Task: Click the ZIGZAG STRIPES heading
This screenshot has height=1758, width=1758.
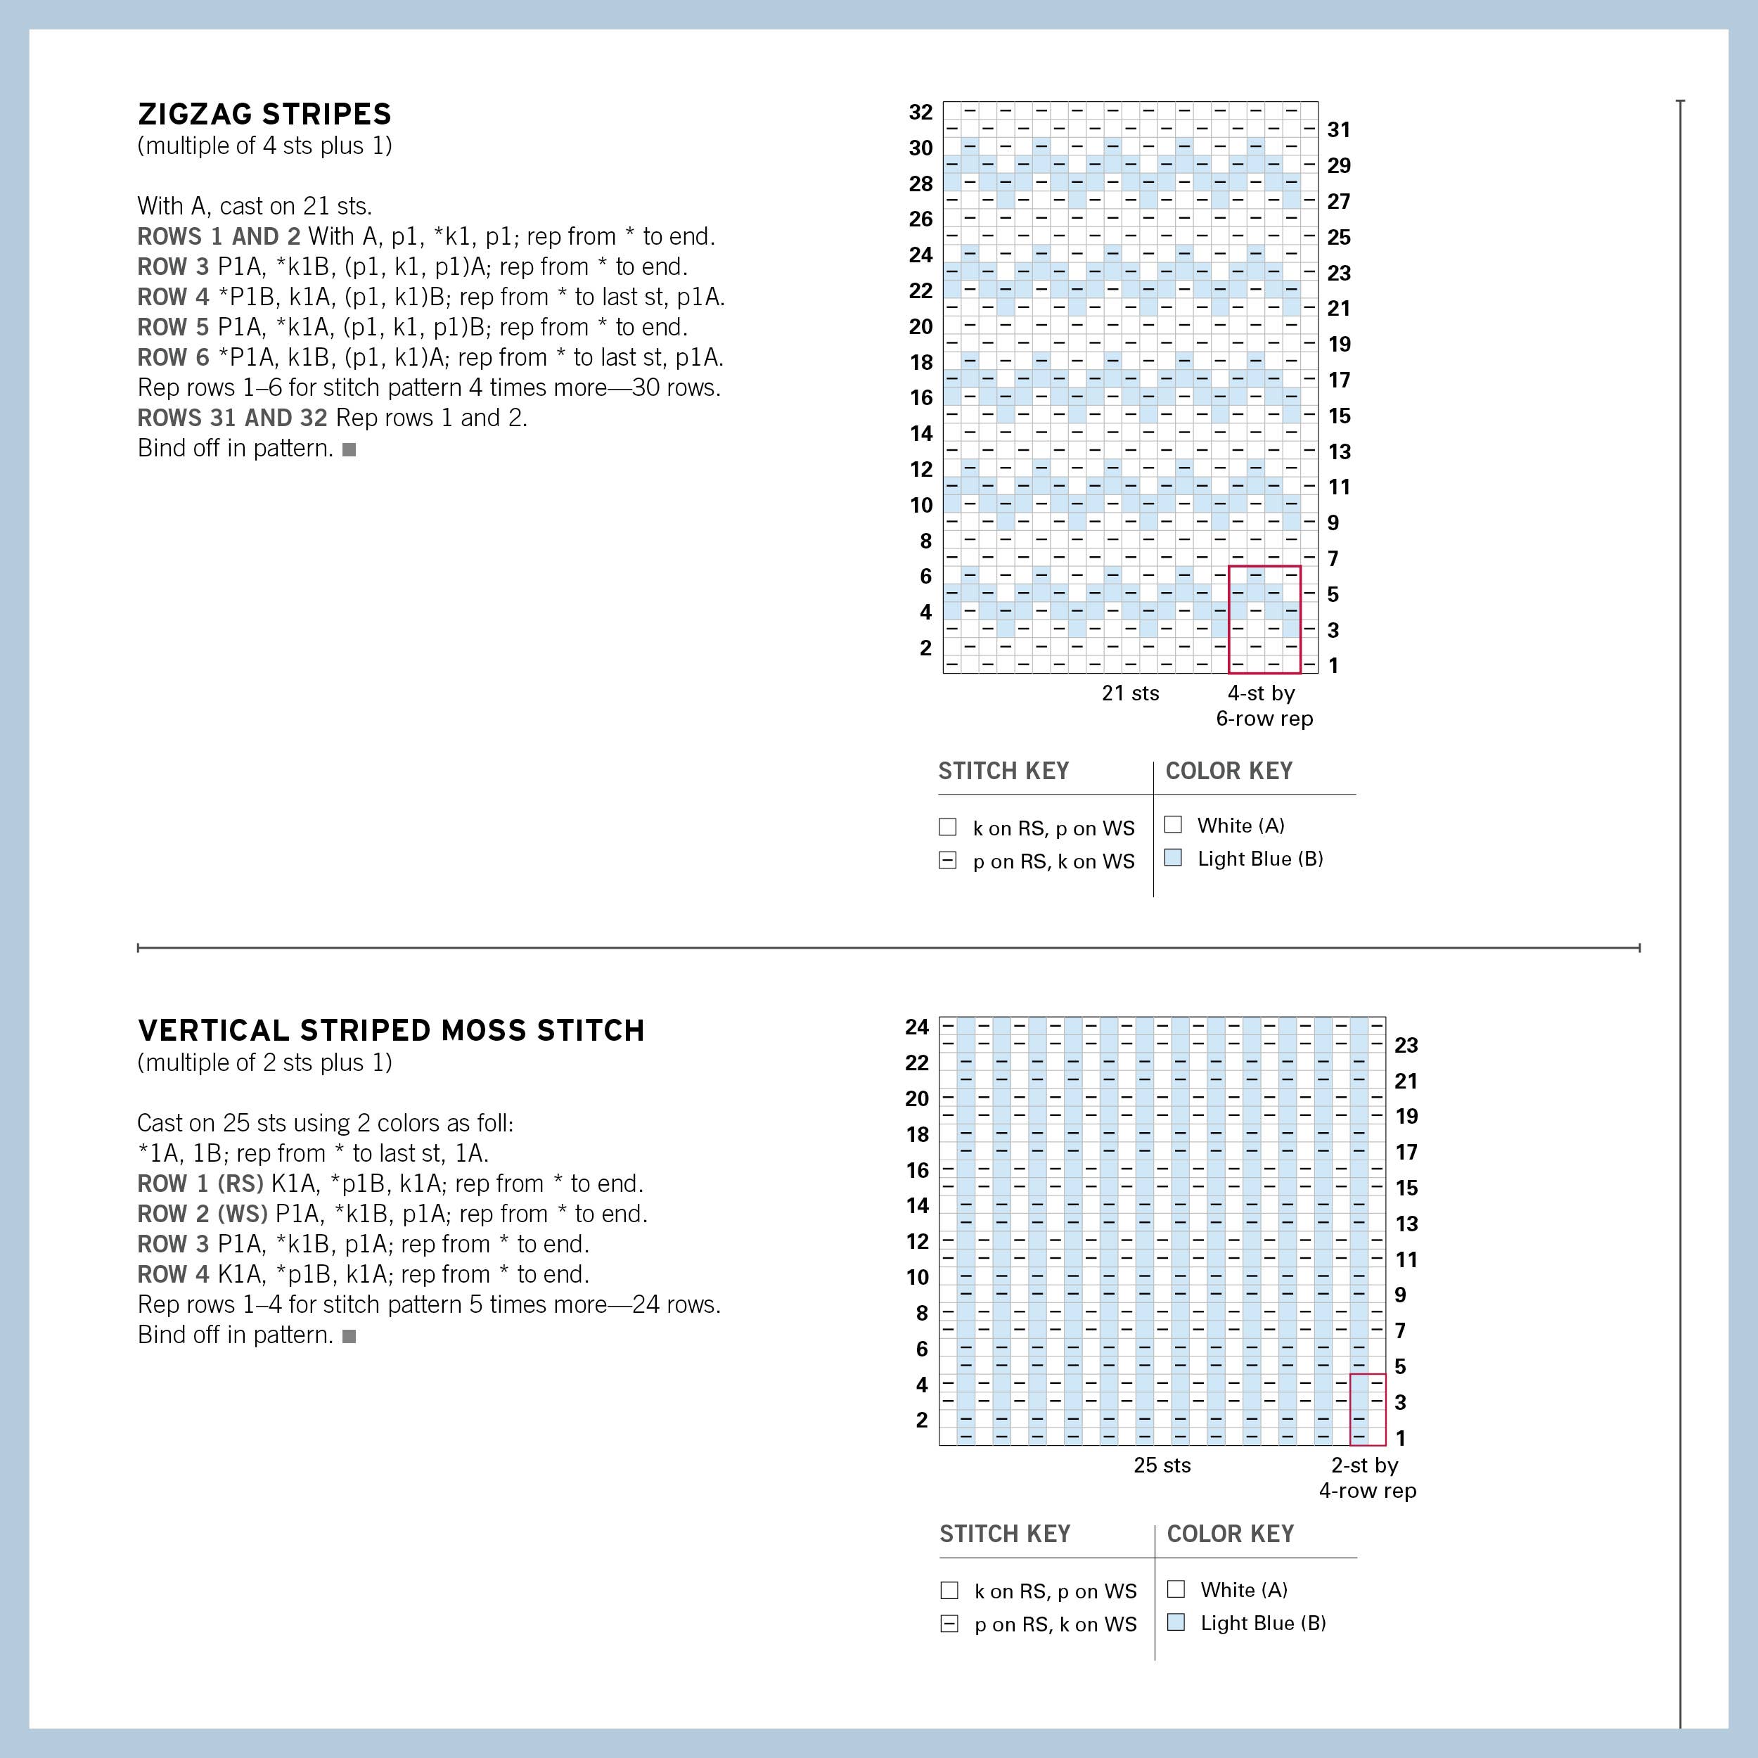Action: point(264,114)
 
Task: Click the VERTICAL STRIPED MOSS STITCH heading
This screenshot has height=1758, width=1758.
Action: point(390,1030)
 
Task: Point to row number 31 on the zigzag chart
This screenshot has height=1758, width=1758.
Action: point(1337,129)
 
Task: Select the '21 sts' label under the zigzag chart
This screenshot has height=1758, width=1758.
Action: point(1130,693)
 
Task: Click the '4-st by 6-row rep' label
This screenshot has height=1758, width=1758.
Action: point(1264,705)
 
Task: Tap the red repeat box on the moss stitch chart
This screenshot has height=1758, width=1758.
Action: point(1367,1409)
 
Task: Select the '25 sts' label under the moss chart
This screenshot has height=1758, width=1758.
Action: point(1162,1464)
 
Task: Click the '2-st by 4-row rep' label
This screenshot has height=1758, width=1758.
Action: point(1367,1477)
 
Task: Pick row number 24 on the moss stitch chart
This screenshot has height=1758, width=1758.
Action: point(916,1027)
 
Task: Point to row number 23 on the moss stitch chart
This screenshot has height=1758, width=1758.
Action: point(1406,1045)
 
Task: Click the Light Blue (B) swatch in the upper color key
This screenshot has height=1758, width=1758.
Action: point(1173,857)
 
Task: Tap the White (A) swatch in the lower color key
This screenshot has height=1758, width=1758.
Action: point(1176,1589)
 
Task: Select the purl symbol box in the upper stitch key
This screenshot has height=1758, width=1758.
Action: point(947,860)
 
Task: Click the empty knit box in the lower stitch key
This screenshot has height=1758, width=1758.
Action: point(949,1590)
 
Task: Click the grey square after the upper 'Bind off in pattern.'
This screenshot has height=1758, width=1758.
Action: point(349,449)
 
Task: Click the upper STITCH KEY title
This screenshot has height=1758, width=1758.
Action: point(1003,771)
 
